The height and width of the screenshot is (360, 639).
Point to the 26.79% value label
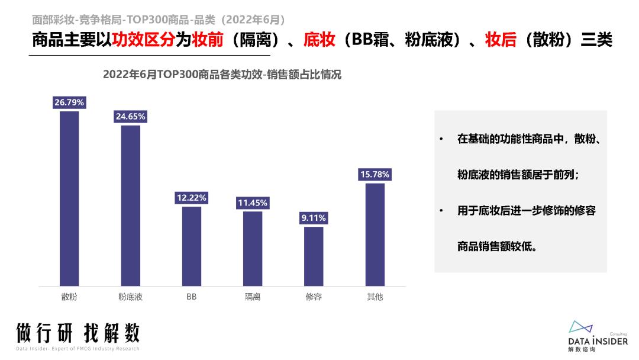pyautogui.click(x=69, y=102)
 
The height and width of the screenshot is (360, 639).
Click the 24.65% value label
pyautogui.click(x=131, y=117)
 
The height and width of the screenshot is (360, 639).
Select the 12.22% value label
pyautogui.click(x=192, y=198)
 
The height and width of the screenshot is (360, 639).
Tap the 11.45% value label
pyautogui.click(x=253, y=203)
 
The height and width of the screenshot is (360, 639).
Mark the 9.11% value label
pyautogui.click(x=314, y=218)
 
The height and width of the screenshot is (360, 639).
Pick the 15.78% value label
pyautogui.click(x=375, y=175)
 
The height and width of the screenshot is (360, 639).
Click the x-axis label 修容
pyautogui.click(x=314, y=297)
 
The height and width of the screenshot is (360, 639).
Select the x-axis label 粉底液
pyautogui.click(x=131, y=297)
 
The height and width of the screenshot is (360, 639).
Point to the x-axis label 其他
pyautogui.click(x=375, y=297)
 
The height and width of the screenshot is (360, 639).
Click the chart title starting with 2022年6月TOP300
pyautogui.click(x=222, y=75)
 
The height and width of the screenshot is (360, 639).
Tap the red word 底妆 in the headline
pyautogui.click(x=319, y=40)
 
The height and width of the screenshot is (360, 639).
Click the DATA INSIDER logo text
pyautogui.click(x=598, y=341)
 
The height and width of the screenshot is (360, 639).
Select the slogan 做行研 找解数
pyautogui.click(x=78, y=333)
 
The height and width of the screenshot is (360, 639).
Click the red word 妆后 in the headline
pyautogui.click(x=501, y=40)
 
